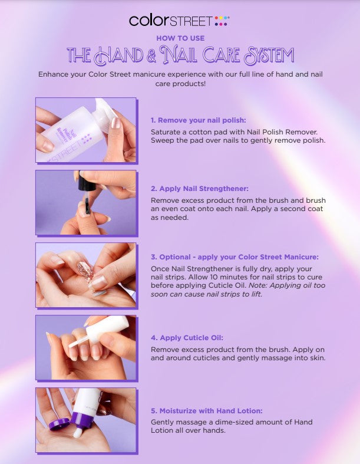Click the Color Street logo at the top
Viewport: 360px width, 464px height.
point(179,21)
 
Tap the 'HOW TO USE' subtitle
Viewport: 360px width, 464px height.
point(180,38)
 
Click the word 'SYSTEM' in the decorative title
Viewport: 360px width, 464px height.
point(269,55)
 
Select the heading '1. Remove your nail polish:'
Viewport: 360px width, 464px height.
point(198,120)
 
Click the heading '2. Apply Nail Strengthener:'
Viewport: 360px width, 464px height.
point(199,189)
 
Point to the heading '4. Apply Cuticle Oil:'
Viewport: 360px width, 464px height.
point(187,338)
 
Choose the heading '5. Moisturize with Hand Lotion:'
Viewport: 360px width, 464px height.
point(206,411)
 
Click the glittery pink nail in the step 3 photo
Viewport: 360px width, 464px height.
point(85,270)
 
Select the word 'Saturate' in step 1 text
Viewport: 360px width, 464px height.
point(166,131)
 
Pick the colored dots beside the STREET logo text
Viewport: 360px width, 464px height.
point(222,21)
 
